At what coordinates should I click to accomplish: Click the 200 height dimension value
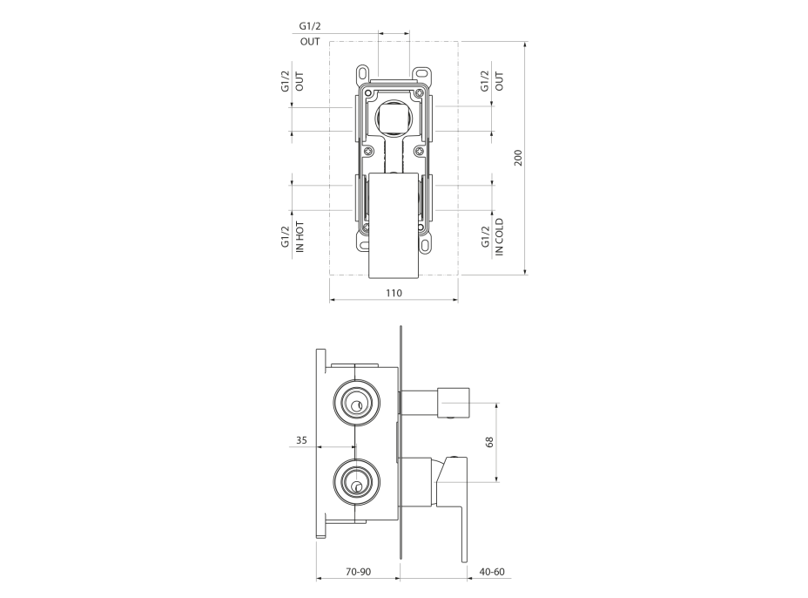pos(518,158)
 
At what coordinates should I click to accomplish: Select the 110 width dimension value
pos(394,293)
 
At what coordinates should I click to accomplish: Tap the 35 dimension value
pos(301,440)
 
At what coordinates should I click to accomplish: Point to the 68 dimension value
pos(489,442)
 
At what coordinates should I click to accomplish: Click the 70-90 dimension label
pos(358,572)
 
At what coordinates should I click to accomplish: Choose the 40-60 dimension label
pos(492,572)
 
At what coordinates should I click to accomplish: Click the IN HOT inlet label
pos(300,237)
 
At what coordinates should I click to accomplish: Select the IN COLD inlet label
pos(499,237)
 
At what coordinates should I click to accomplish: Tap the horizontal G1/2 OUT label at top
pos(310,33)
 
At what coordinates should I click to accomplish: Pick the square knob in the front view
pos(394,119)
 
